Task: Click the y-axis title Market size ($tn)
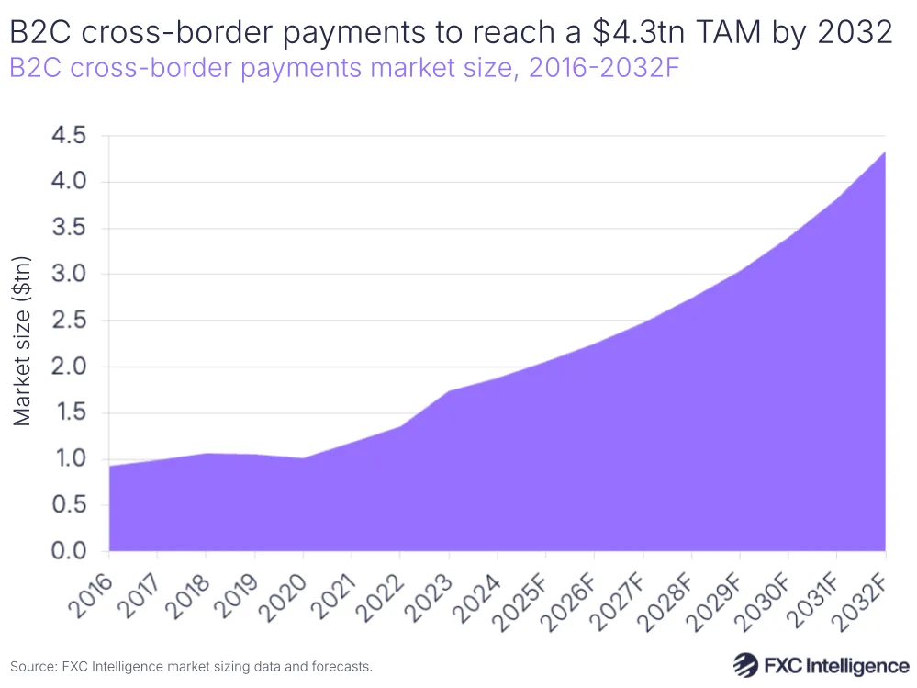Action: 23,343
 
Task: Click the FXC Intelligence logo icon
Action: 746,664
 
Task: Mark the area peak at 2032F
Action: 884,152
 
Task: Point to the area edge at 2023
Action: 449,392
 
